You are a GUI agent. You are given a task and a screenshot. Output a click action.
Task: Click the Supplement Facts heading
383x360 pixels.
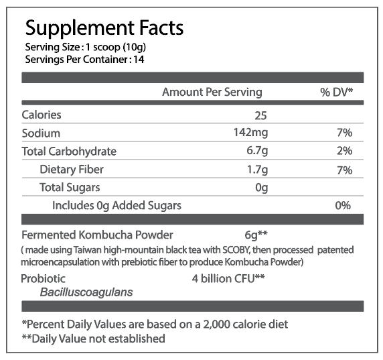click(x=104, y=29)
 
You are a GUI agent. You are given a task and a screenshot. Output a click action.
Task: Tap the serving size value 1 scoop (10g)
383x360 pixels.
click(x=116, y=47)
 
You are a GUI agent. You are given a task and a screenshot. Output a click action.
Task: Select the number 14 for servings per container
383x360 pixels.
click(x=139, y=60)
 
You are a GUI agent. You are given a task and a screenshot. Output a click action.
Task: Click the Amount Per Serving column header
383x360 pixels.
click(x=212, y=93)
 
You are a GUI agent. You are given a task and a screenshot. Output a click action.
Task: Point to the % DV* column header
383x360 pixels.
click(x=337, y=93)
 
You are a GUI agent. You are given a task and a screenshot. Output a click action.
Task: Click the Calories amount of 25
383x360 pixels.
click(x=261, y=115)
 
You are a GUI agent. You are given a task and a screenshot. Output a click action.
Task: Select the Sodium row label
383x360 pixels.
click(x=41, y=133)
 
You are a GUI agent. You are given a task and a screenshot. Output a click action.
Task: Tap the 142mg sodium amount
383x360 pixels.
click(x=251, y=133)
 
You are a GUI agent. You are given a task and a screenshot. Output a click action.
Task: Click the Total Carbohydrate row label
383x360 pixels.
click(x=69, y=152)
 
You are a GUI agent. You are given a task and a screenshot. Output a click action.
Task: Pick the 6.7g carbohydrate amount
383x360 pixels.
click(x=257, y=151)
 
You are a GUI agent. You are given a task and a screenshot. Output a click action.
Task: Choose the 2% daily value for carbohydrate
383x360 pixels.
click(x=345, y=151)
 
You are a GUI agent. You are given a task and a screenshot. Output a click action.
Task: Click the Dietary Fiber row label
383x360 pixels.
click(x=72, y=170)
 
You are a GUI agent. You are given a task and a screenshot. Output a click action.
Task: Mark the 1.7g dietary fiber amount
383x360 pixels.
click(x=257, y=169)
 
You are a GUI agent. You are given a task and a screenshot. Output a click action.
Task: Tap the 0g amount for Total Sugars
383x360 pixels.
click(x=262, y=188)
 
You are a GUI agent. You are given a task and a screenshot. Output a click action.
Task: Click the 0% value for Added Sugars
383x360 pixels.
click(x=343, y=205)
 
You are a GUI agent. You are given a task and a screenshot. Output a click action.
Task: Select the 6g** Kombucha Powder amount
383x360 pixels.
click(x=256, y=235)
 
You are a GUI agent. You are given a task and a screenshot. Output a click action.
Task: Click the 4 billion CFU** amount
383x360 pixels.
click(x=228, y=279)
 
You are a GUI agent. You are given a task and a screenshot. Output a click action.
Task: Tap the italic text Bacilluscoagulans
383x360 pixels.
click(x=86, y=292)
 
